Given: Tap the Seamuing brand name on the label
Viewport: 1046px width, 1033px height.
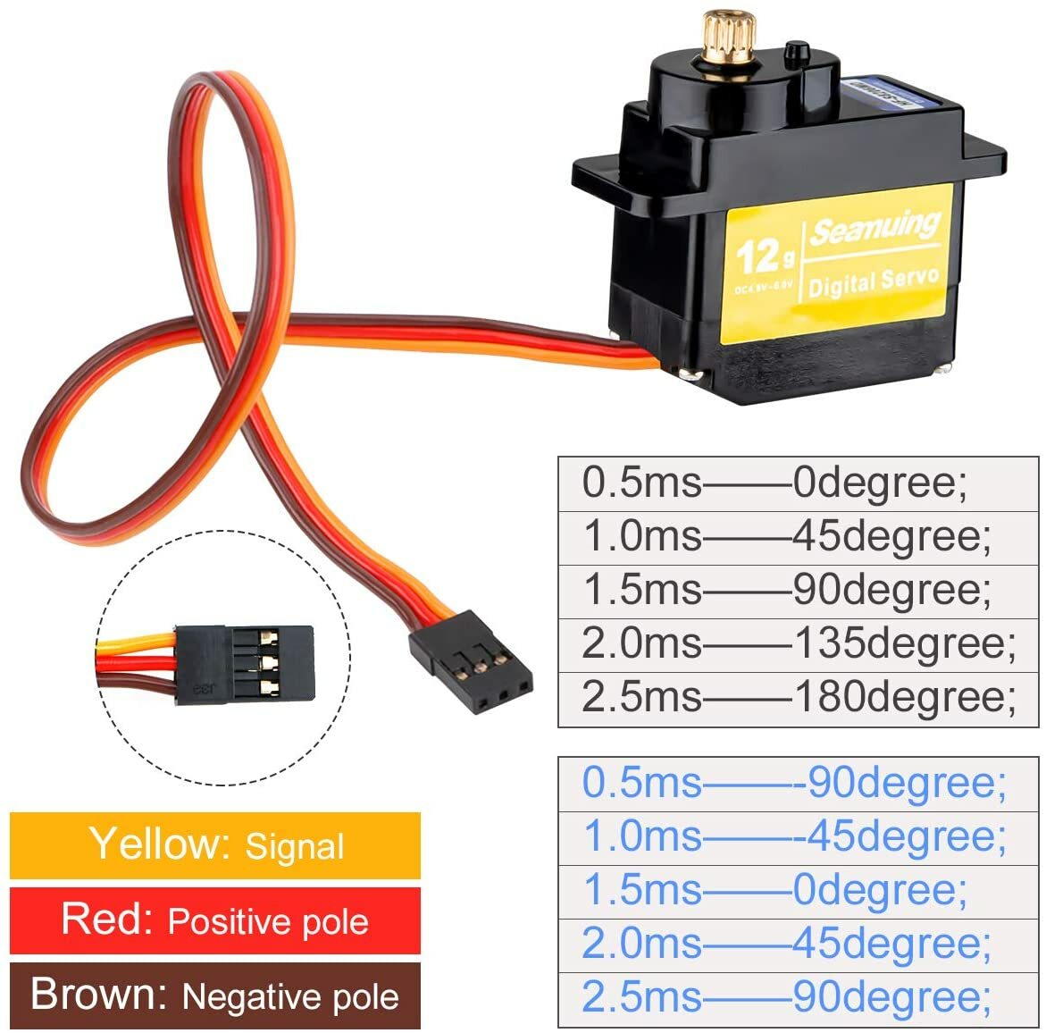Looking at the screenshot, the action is click(874, 227).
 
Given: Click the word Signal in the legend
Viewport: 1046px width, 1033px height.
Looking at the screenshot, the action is click(294, 846).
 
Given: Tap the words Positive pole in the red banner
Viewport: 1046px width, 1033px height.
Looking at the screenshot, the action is click(268, 921).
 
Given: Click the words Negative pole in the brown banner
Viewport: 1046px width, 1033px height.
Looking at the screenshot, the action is click(290, 996).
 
